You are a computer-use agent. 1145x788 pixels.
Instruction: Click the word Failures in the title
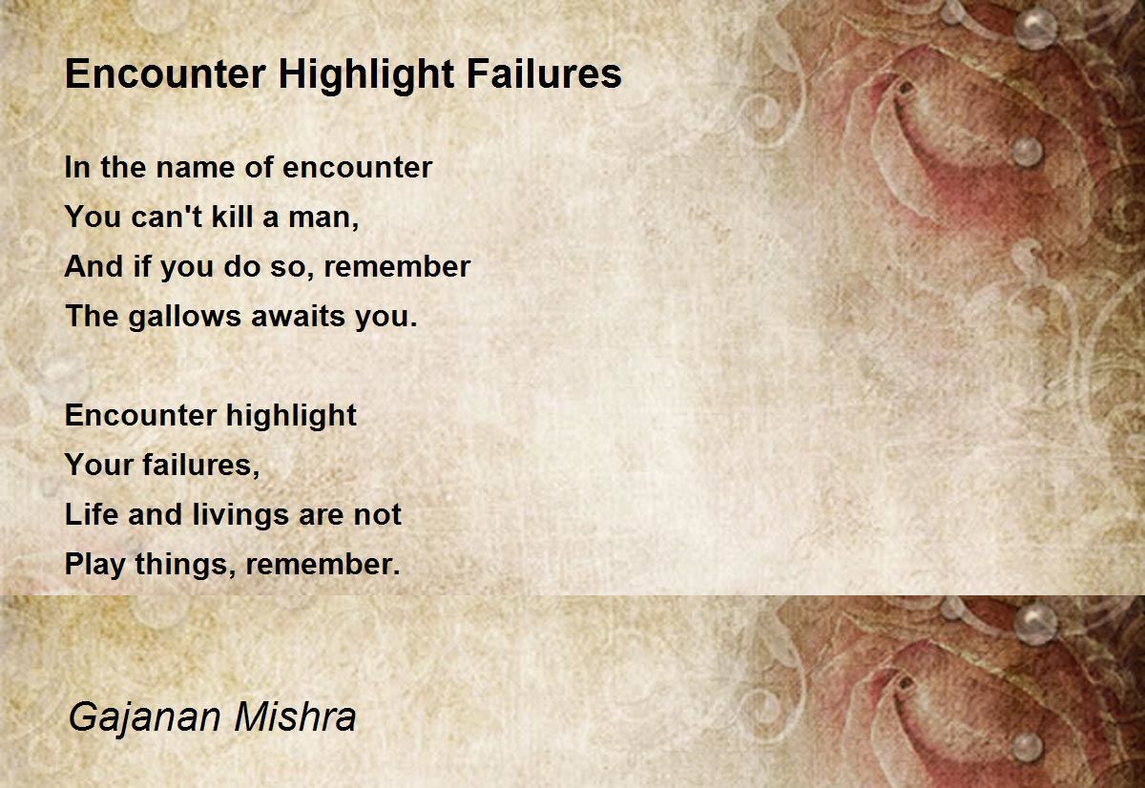[544, 73]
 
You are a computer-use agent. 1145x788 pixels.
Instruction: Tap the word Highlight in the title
[366, 75]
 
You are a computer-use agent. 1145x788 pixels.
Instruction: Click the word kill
[233, 217]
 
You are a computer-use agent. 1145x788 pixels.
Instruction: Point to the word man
[323, 218]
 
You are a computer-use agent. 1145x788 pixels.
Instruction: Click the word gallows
[184, 317]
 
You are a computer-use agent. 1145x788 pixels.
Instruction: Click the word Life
[92, 514]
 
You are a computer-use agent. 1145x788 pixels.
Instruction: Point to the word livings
[240, 515]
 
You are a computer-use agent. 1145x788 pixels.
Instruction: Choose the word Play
[95, 565]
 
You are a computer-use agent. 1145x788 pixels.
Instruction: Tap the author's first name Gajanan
[145, 718]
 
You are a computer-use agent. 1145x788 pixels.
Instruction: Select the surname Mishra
[295, 716]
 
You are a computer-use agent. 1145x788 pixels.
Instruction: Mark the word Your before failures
[99, 465]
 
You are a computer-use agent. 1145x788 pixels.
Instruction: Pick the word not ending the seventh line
[378, 514]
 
